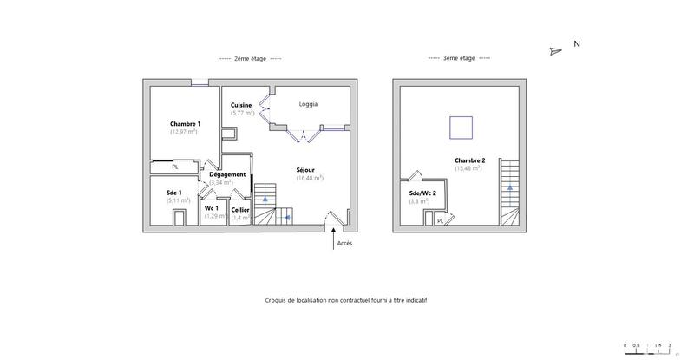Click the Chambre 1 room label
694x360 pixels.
[x=185, y=124]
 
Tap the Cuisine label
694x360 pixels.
[x=241, y=105]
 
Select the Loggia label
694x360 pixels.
[x=308, y=104]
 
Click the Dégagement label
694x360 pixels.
[x=226, y=174]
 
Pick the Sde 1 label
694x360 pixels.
[x=174, y=192]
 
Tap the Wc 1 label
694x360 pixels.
[x=211, y=208]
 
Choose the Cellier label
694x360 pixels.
[x=240, y=209]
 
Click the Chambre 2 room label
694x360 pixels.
[x=468, y=160]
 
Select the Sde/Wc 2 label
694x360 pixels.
[x=422, y=193]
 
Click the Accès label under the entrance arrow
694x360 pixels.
[x=344, y=244]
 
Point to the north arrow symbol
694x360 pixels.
[x=556, y=50]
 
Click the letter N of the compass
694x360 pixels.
[x=577, y=43]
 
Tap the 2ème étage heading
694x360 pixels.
[x=251, y=59]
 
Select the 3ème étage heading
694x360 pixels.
[x=459, y=59]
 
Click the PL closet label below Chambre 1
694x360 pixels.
[x=174, y=167]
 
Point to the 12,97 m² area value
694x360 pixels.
[x=185, y=132]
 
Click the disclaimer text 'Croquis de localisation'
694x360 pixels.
[x=346, y=299]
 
